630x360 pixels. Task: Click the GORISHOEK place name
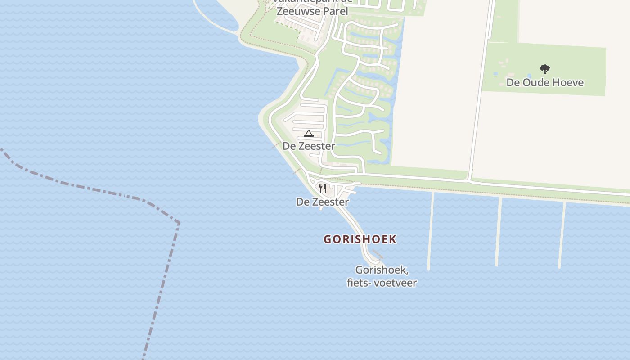(360, 239)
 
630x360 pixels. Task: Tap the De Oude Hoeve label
(545, 82)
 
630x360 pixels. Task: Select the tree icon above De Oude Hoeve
(545, 69)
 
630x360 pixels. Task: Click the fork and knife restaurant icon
(323, 188)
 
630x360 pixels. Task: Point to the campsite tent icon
(308, 133)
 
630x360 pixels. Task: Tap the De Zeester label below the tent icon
(309, 146)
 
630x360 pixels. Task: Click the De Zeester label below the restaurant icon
(322, 202)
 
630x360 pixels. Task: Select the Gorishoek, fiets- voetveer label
(382, 276)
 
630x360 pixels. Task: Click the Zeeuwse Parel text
(312, 11)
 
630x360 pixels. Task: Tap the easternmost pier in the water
(562, 234)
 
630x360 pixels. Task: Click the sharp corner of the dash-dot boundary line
(179, 222)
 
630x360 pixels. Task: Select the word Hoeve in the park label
(568, 82)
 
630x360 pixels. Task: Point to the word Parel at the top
(335, 11)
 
